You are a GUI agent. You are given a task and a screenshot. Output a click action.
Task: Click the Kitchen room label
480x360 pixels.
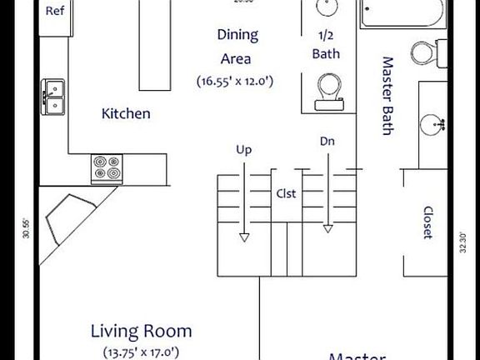(x=126, y=113)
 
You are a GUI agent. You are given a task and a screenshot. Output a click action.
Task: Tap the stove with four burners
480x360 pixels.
(x=107, y=168)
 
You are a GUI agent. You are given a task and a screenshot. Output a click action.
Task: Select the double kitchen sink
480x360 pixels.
(x=55, y=96)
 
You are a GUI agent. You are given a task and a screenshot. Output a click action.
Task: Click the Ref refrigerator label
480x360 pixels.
(x=55, y=12)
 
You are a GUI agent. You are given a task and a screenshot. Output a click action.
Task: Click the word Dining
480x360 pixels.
(x=237, y=35)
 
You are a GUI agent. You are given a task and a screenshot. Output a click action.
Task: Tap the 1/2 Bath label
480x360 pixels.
(x=326, y=45)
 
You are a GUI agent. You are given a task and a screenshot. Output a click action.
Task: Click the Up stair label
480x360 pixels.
(x=244, y=150)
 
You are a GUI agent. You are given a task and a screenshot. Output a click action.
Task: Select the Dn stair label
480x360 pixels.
(x=327, y=142)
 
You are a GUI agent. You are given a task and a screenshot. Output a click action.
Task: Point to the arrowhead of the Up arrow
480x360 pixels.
(x=244, y=237)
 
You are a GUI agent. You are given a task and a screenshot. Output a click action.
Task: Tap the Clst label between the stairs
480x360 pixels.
(x=287, y=193)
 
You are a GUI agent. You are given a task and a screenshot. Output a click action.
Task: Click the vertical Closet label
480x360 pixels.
(x=427, y=222)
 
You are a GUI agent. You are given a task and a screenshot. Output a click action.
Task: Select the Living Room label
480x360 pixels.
(x=141, y=332)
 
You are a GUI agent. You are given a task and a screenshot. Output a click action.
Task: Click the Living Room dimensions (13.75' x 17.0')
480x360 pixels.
(x=141, y=352)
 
